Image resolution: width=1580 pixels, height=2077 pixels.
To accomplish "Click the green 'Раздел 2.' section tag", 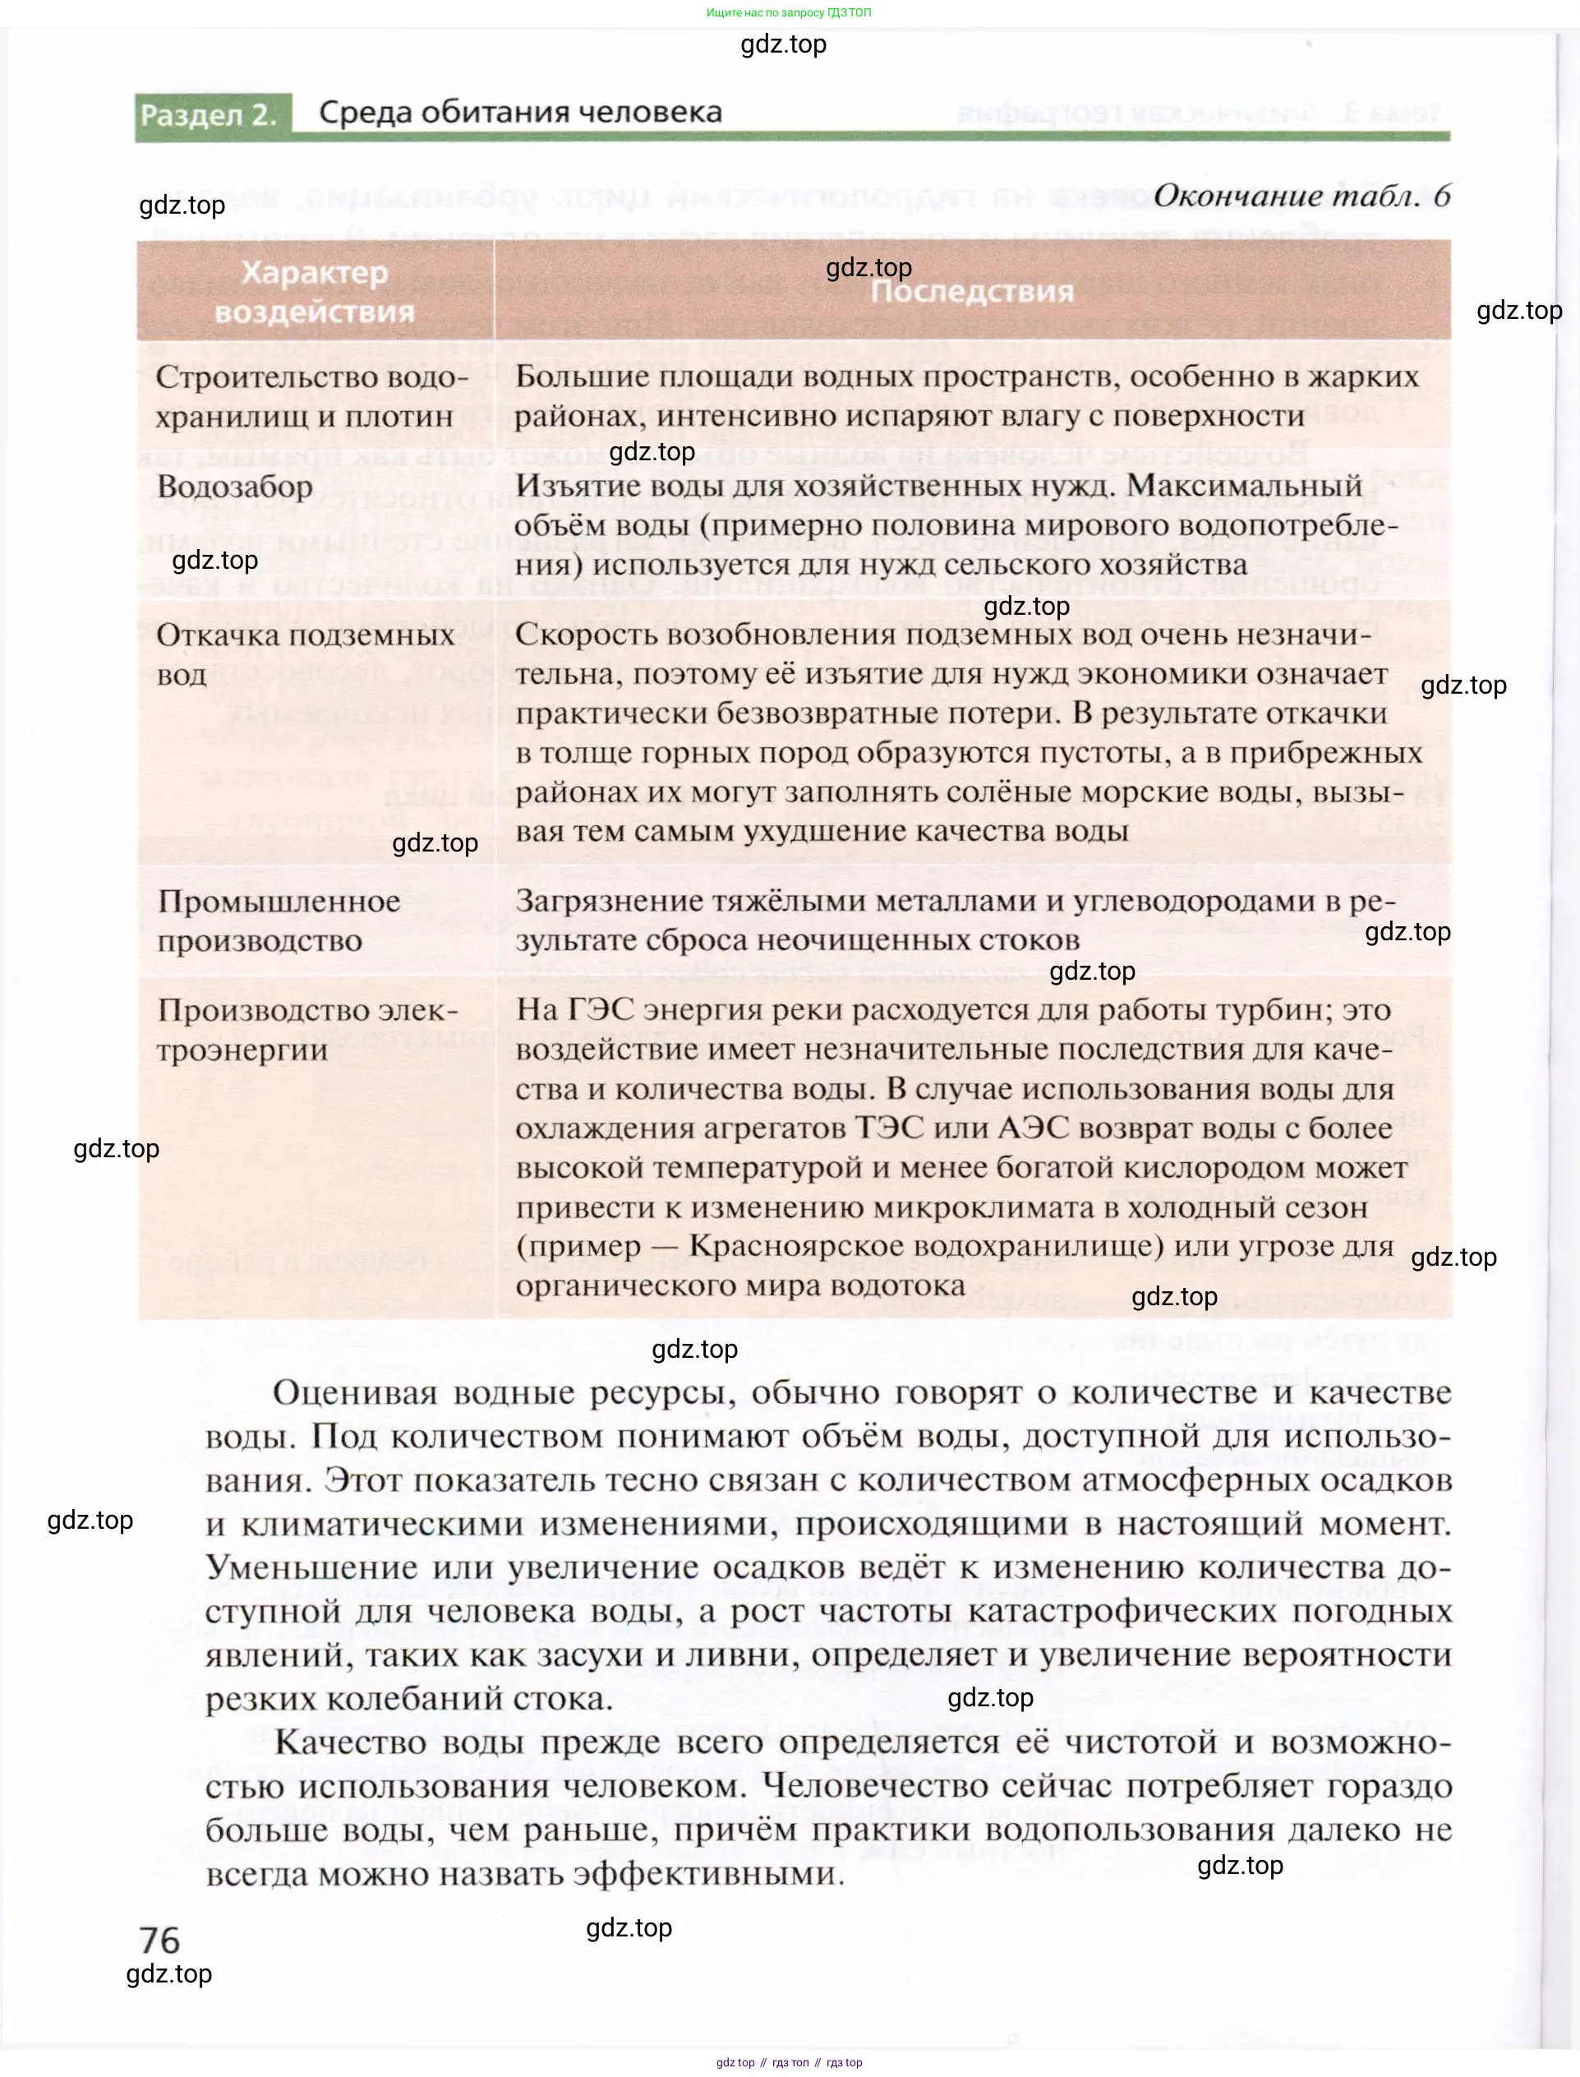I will tap(209, 115).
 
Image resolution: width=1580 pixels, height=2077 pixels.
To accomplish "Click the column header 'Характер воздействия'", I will tap(314, 292).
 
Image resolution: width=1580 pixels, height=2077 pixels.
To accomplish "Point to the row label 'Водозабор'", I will tap(234, 487).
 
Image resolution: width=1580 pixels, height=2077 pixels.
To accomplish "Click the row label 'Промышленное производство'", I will tap(279, 921).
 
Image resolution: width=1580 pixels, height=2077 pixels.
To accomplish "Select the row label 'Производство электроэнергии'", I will tap(306, 1030).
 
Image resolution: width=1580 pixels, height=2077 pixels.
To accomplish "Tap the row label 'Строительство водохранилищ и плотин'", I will tap(311, 396).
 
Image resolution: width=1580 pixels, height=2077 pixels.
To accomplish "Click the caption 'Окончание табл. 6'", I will tap(1301, 196).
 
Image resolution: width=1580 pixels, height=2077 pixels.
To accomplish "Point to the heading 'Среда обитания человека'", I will tap(520, 112).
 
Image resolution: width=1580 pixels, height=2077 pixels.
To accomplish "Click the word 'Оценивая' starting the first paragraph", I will tap(356, 1393).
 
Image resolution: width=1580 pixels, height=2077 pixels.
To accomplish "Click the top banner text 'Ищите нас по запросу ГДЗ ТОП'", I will tap(789, 12).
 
